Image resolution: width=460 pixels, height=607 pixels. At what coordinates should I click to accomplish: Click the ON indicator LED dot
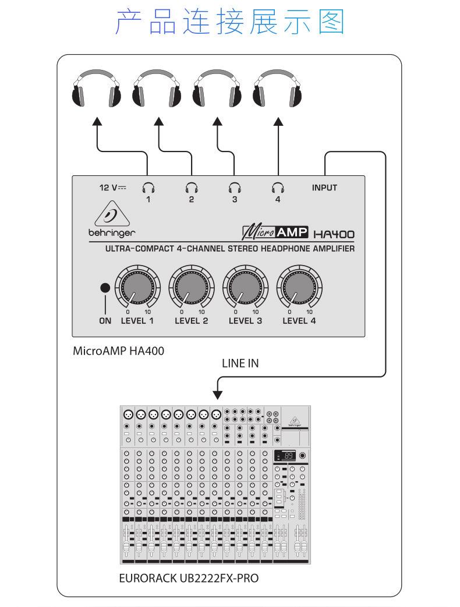tap(105, 287)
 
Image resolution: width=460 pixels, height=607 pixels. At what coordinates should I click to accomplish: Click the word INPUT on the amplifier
tap(324, 188)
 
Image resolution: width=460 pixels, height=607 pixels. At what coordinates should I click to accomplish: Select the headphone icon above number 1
tap(148, 188)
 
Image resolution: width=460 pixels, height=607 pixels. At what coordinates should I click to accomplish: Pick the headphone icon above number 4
tap(278, 188)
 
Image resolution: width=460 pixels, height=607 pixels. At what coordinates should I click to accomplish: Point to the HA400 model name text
tap(334, 234)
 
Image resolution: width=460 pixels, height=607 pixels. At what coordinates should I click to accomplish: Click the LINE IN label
tap(240, 364)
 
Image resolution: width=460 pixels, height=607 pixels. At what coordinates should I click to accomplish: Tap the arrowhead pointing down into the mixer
tap(218, 394)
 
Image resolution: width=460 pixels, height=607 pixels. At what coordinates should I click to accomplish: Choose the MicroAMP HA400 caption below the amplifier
tap(118, 351)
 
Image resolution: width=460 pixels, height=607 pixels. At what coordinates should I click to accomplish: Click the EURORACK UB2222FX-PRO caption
tap(188, 578)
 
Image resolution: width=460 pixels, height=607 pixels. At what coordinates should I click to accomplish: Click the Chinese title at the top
tap(230, 22)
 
